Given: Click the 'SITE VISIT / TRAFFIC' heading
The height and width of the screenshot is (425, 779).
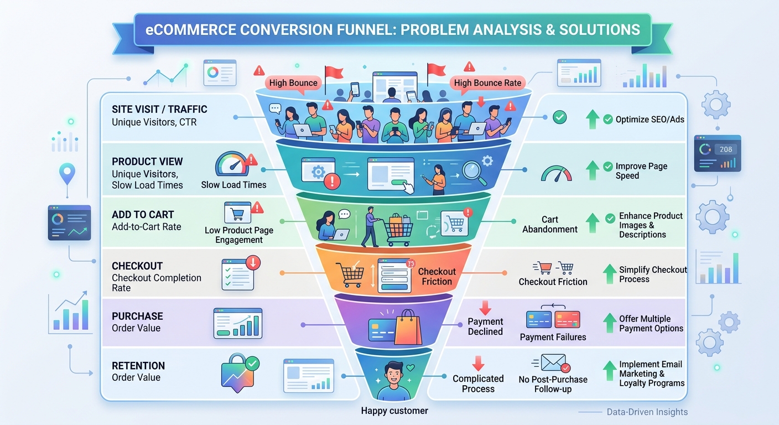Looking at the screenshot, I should [x=159, y=110].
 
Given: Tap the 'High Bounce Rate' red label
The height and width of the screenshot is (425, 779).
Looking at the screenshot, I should [x=487, y=83].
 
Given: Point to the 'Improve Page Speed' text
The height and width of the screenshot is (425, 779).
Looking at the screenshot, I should [x=641, y=171].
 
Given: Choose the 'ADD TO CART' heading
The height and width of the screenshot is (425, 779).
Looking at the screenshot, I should [x=143, y=215].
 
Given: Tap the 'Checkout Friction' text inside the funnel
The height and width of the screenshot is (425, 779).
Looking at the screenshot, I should [x=437, y=276].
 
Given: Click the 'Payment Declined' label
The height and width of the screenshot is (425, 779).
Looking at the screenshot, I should [x=485, y=326].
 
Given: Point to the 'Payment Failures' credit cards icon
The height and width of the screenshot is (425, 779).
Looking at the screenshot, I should [x=553, y=319].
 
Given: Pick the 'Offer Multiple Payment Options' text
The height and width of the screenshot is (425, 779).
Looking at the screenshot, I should [x=651, y=324].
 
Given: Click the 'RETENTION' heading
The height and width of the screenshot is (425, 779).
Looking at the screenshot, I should [x=138, y=366].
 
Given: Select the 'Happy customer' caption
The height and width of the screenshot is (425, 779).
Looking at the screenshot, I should [x=394, y=411].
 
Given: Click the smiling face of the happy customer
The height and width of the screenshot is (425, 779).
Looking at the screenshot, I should [x=393, y=373].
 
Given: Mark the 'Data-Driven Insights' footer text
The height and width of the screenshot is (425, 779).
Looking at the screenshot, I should [x=647, y=412].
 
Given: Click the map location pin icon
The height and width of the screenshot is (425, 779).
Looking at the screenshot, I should [x=67, y=173].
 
